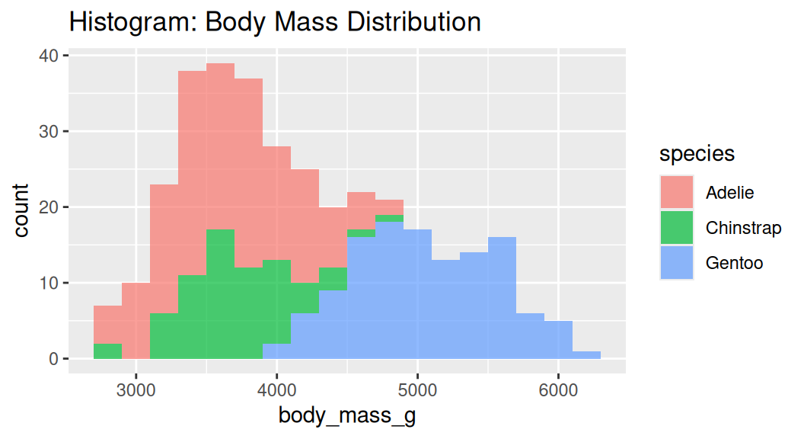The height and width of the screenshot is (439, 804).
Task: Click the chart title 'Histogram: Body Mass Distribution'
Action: tap(275, 21)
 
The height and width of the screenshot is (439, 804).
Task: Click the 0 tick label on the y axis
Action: tap(54, 359)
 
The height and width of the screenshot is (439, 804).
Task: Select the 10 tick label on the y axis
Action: tap(49, 284)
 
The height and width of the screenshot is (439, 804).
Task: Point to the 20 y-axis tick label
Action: tap(49, 207)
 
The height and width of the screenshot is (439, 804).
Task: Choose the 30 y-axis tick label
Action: tap(49, 132)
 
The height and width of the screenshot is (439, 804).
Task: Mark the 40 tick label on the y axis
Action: tap(49, 56)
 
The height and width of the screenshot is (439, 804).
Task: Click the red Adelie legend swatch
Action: tap(676, 192)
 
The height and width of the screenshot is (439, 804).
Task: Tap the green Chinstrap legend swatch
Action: tap(676, 228)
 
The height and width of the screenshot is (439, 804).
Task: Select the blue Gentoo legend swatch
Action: tap(676, 263)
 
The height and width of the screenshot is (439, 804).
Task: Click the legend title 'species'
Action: tap(697, 154)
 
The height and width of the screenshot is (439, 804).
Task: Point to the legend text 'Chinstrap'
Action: tap(743, 228)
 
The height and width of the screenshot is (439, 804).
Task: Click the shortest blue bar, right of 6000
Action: tap(586, 355)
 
